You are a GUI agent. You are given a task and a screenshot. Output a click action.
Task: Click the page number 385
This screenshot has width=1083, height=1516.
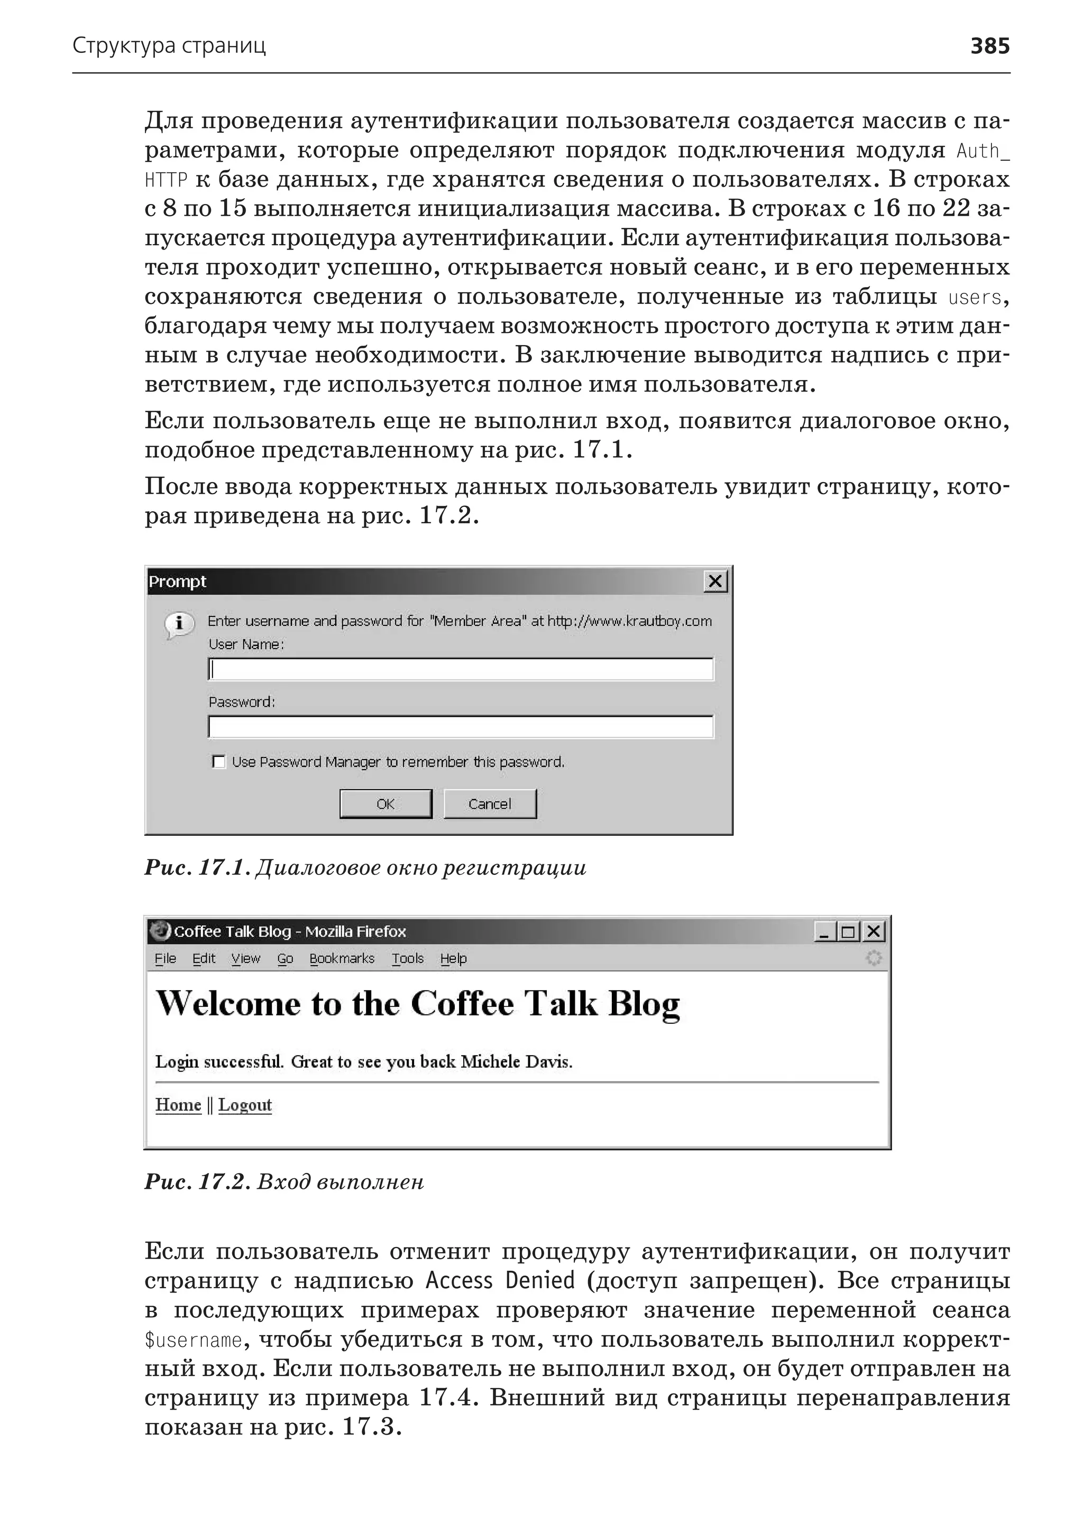(x=989, y=46)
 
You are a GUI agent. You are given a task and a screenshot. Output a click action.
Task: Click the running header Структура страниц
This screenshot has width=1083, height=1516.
(x=169, y=46)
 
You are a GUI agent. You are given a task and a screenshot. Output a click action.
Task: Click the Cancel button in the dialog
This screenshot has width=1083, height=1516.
(x=490, y=804)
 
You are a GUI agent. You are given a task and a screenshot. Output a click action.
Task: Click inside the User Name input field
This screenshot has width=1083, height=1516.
(x=460, y=669)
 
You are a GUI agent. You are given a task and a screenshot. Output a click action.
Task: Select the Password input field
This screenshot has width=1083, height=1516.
(x=460, y=727)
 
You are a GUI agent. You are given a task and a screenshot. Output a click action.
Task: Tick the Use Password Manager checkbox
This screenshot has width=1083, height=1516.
(x=218, y=761)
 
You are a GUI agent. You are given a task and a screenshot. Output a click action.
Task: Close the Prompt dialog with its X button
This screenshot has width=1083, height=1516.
(x=715, y=581)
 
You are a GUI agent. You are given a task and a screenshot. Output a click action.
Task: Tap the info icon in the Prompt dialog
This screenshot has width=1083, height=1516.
(x=179, y=625)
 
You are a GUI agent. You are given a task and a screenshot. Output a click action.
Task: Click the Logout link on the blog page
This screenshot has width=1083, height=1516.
(x=245, y=1105)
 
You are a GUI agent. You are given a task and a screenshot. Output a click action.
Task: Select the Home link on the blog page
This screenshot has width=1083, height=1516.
(x=178, y=1105)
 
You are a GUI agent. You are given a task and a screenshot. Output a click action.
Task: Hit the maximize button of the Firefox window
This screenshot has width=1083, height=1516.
(x=848, y=931)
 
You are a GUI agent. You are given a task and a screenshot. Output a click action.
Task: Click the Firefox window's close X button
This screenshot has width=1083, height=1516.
(x=874, y=931)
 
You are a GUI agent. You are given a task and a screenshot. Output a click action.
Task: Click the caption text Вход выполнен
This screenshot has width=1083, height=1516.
(x=340, y=1182)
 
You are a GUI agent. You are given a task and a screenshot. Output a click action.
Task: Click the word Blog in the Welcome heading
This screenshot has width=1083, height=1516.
(x=644, y=1004)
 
